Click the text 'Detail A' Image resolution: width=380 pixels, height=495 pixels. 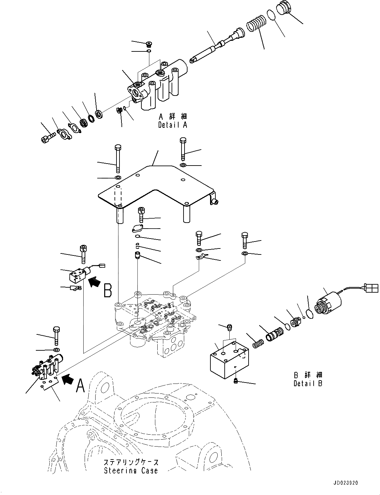point(173,125)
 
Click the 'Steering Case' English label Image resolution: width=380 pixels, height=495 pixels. point(131,470)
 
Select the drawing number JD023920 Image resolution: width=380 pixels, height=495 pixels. point(346,483)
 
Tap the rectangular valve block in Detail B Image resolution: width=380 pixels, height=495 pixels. point(228,359)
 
